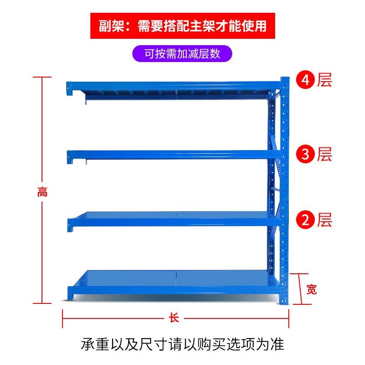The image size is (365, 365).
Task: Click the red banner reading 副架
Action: point(182,26)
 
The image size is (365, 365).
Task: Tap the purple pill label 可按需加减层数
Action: point(182,53)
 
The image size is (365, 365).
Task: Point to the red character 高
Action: point(42,192)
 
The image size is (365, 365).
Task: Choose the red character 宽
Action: point(311,289)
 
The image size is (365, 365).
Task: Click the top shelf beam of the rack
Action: point(173,85)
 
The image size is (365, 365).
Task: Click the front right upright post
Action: point(285,192)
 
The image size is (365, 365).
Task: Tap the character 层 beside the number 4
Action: point(324,80)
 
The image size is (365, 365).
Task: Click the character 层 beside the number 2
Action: point(324,220)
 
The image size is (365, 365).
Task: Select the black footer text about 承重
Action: point(182,344)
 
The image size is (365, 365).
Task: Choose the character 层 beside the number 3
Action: point(324,154)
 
